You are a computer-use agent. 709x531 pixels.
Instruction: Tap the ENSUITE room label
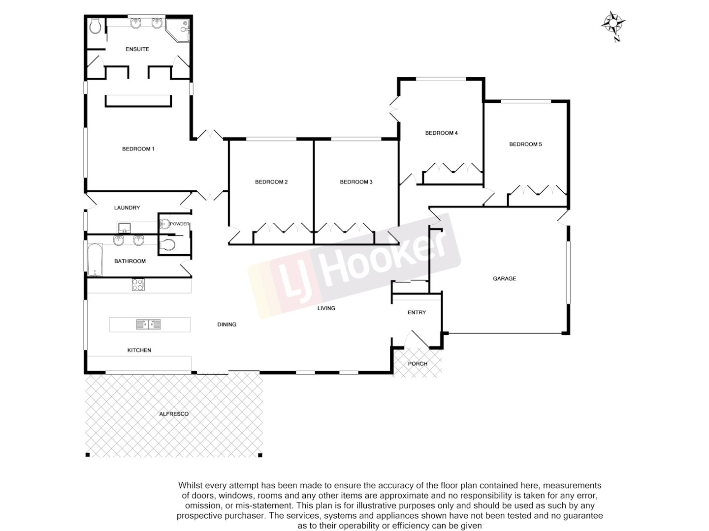[137, 49]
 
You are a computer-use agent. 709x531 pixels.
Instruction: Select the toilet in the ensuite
[96, 26]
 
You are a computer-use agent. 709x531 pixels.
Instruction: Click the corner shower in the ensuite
[178, 28]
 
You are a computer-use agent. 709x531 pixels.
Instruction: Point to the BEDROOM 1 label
[138, 149]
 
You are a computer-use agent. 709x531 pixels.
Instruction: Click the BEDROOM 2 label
[271, 182]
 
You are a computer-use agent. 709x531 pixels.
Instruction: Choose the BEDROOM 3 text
[356, 182]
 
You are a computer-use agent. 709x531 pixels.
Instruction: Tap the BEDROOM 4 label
[442, 133]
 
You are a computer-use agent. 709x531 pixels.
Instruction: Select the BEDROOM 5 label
[525, 144]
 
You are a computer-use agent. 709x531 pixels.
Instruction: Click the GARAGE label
[504, 278]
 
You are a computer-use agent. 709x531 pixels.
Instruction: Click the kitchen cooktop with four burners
[138, 285]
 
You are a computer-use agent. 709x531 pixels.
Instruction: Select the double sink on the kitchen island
[148, 324]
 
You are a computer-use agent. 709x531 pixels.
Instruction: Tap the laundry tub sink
[124, 228]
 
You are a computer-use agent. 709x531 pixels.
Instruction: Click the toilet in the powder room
[168, 245]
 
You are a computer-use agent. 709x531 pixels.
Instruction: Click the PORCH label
[418, 364]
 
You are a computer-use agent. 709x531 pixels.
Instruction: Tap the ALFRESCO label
[174, 414]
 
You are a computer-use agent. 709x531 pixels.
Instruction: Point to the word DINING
[227, 324]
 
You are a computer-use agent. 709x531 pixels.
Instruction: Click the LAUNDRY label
[127, 208]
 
